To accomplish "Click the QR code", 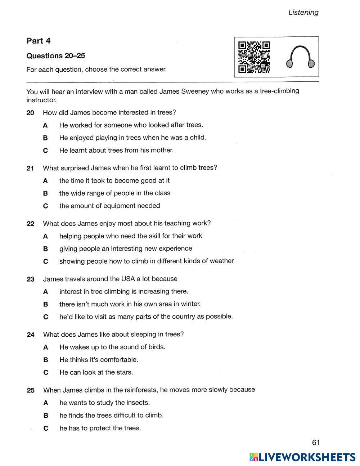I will tap(254, 57).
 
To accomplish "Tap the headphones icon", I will tap(301, 57).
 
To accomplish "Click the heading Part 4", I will tap(38, 41).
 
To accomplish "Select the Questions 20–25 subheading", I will tap(56, 56).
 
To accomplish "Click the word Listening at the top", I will tap(303, 12).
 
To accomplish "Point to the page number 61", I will tap(316, 442).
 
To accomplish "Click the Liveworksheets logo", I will tap(302, 457).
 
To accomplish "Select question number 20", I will tap(30, 113).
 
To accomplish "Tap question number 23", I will tap(31, 279).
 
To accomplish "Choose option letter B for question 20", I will tap(45, 138).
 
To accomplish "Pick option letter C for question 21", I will tap(45, 206).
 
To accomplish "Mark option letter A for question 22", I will tap(45, 236).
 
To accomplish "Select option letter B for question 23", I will tap(45, 304).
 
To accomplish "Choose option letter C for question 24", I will tap(45, 372).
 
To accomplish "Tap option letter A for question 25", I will tap(45, 403).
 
